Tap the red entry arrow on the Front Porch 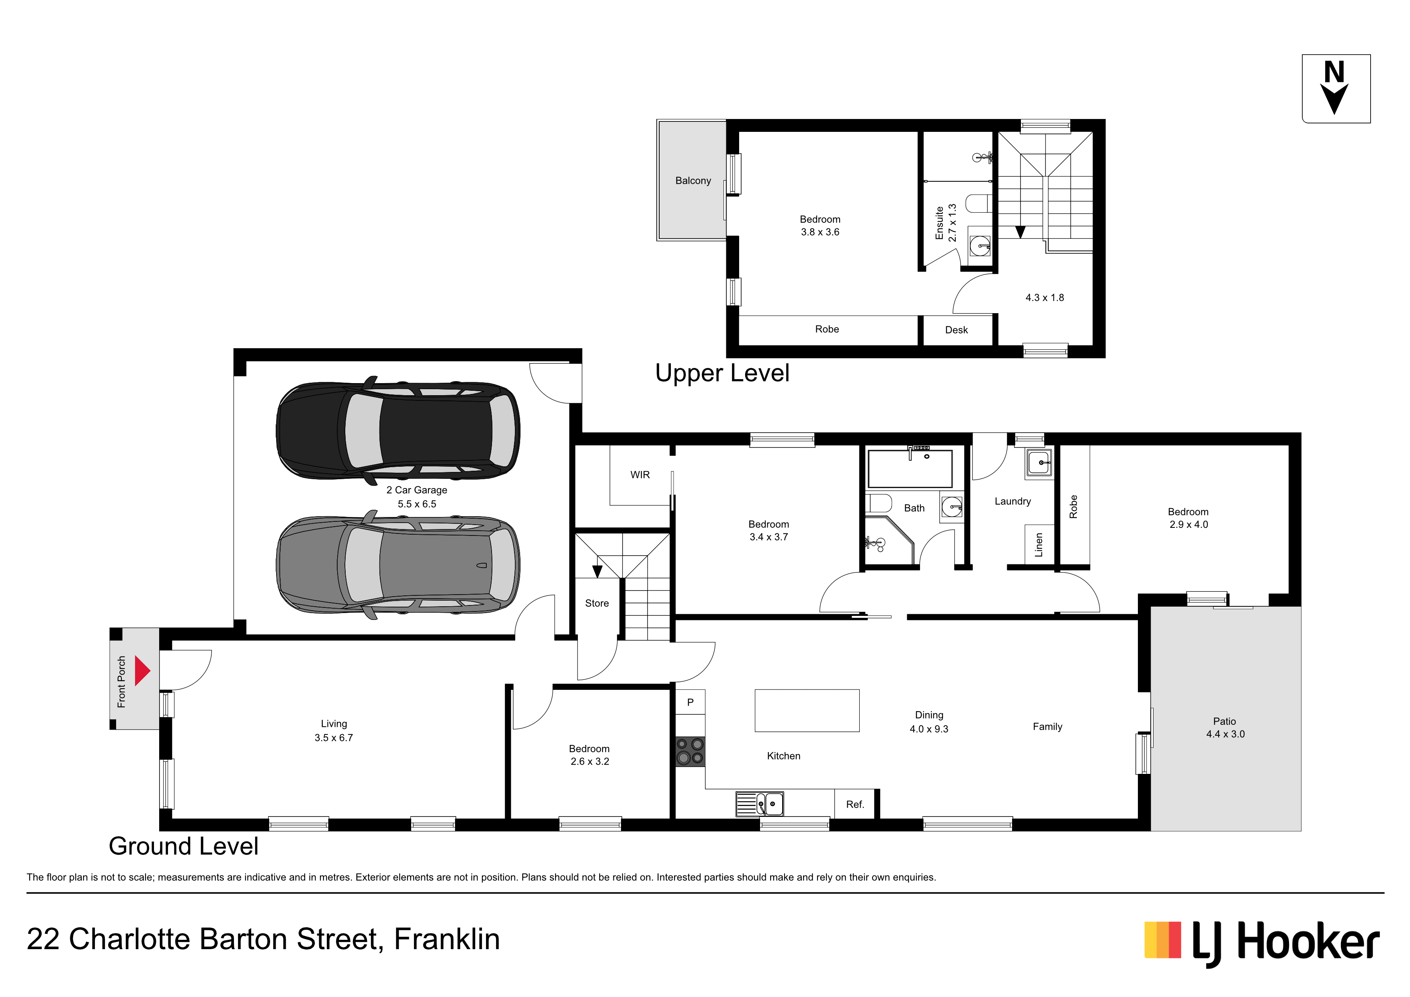pyautogui.click(x=142, y=671)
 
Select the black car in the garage pyautogui.click(x=398, y=429)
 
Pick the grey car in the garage pyautogui.click(x=398, y=564)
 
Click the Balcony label pyautogui.click(x=693, y=181)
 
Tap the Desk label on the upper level pyautogui.click(x=956, y=330)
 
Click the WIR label pyautogui.click(x=640, y=475)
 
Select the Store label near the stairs pyautogui.click(x=597, y=603)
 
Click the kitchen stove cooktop pyautogui.click(x=690, y=751)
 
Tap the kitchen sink pyautogui.click(x=760, y=804)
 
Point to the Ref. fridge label pyautogui.click(x=855, y=804)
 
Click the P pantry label pyautogui.click(x=690, y=702)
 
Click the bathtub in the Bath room pyautogui.click(x=910, y=468)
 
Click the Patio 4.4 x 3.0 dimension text pyautogui.click(x=1225, y=734)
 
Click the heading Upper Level pyautogui.click(x=722, y=373)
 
